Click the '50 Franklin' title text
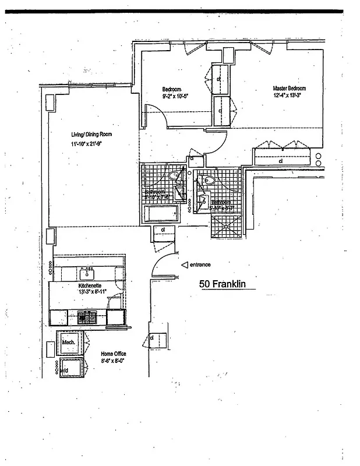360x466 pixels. click(224, 284)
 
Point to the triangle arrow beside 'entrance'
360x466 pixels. click(185, 264)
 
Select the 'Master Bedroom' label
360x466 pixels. click(290, 89)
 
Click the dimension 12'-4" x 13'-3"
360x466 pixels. click(290, 96)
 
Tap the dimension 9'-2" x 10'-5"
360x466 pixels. click(175, 96)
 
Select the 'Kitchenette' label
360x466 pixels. click(90, 286)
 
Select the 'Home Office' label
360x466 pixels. click(113, 354)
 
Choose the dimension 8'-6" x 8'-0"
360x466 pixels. click(113, 361)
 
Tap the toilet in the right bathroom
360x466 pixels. click(208, 181)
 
